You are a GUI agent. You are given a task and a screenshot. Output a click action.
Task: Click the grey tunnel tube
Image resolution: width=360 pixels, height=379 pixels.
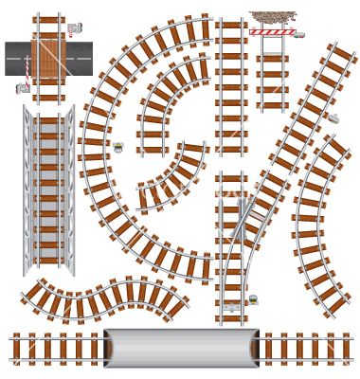click(x=180, y=348)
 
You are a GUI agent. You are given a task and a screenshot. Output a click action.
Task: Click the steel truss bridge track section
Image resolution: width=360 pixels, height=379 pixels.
click(x=48, y=189)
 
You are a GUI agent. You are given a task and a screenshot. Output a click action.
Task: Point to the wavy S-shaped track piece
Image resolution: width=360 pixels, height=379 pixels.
click(x=104, y=298)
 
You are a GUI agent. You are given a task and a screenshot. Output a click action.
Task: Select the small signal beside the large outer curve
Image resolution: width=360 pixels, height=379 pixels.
click(x=117, y=147)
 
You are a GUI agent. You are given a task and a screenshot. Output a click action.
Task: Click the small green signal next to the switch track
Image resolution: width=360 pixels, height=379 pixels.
click(x=253, y=299)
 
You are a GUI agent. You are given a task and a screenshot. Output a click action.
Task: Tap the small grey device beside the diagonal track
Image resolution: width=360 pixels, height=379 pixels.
click(x=333, y=118)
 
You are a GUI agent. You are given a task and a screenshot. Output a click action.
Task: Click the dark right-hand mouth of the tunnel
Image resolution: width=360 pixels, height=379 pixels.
click(x=253, y=348)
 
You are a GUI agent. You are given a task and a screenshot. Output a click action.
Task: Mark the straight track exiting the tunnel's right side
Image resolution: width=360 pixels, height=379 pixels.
click(x=307, y=348)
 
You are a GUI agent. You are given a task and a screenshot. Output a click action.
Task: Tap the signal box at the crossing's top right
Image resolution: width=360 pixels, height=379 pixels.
click(x=75, y=27)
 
